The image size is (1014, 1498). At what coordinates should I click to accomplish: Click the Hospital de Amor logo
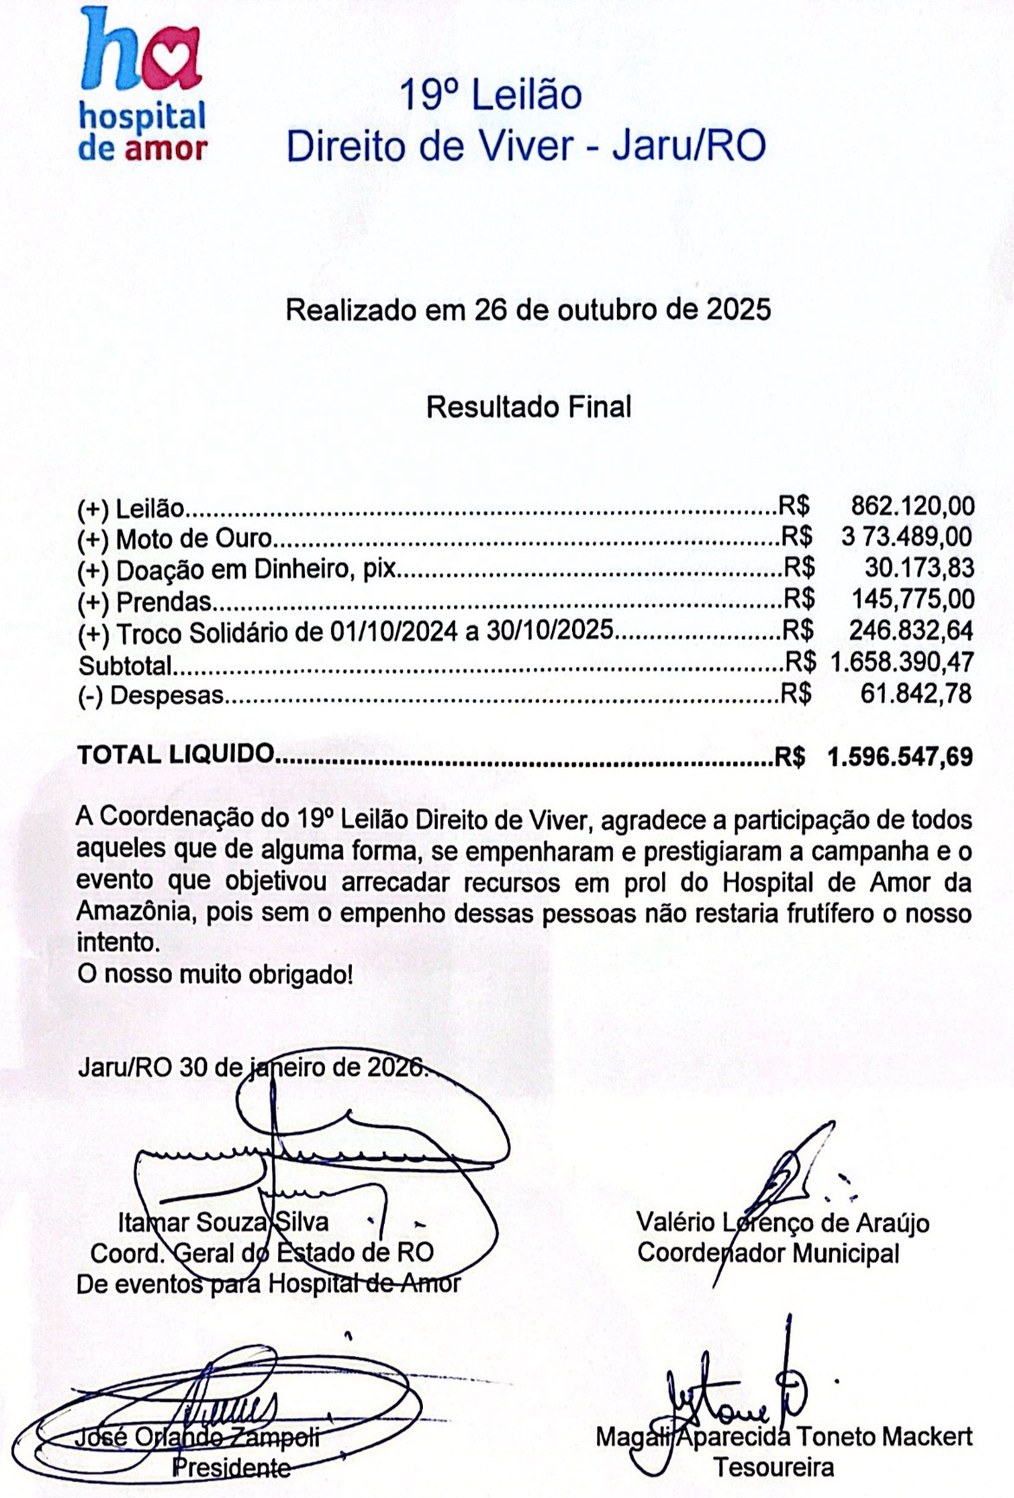142,85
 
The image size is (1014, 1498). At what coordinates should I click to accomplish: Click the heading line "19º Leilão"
491,95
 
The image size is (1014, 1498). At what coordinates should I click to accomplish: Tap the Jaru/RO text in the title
689,146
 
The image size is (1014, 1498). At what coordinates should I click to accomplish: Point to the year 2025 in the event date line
738,309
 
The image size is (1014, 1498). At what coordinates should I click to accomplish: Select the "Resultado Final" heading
529,406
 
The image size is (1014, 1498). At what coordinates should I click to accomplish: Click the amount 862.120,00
913,506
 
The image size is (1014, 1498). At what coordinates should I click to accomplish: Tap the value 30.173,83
919,568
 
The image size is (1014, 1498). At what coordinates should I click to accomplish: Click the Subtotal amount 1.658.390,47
901,663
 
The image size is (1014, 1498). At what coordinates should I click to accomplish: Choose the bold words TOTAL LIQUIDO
176,755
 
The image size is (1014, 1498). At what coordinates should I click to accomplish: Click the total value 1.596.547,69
900,757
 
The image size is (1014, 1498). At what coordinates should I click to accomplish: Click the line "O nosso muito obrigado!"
215,974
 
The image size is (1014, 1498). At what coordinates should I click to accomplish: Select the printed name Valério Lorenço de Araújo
783,1222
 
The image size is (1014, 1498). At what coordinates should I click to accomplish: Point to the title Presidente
231,1467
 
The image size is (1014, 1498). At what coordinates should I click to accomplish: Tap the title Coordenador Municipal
768,1253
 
